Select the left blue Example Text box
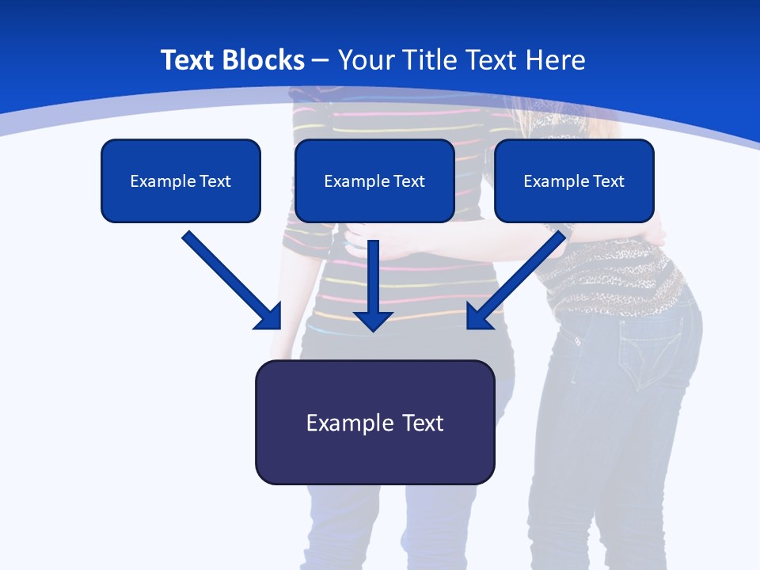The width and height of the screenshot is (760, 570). (180, 180)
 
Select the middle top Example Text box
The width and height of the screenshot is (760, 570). (374, 180)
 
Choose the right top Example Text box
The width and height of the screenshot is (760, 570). (574, 180)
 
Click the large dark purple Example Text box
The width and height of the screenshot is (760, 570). (374, 422)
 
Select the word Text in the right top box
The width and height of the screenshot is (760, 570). (608, 181)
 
